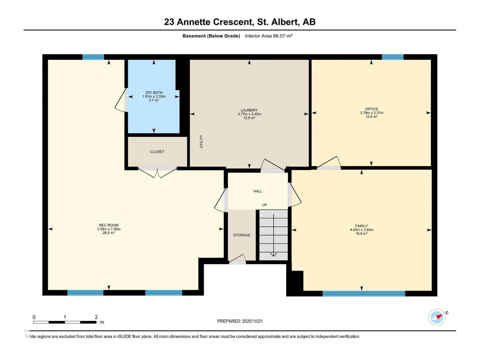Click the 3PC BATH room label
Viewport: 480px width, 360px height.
(154, 92)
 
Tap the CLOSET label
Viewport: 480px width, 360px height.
(157, 151)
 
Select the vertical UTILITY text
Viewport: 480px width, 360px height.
(201, 141)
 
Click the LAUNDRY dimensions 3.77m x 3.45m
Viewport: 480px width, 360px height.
(249, 114)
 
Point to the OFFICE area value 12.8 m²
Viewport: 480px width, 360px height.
(371, 116)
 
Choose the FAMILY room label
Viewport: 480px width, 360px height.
(361, 226)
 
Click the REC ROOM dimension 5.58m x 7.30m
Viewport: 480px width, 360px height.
(109, 229)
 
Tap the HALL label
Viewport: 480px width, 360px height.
(258, 191)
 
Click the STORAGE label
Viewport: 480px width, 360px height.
(241, 235)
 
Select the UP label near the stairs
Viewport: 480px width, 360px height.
(264, 205)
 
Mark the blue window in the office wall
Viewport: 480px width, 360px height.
(392, 57)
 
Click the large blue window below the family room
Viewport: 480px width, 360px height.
(364, 293)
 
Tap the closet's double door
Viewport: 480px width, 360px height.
(157, 173)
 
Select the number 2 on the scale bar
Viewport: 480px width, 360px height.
(96, 317)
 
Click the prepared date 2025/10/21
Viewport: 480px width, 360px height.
(252, 321)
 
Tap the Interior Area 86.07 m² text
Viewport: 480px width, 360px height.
(268, 36)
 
